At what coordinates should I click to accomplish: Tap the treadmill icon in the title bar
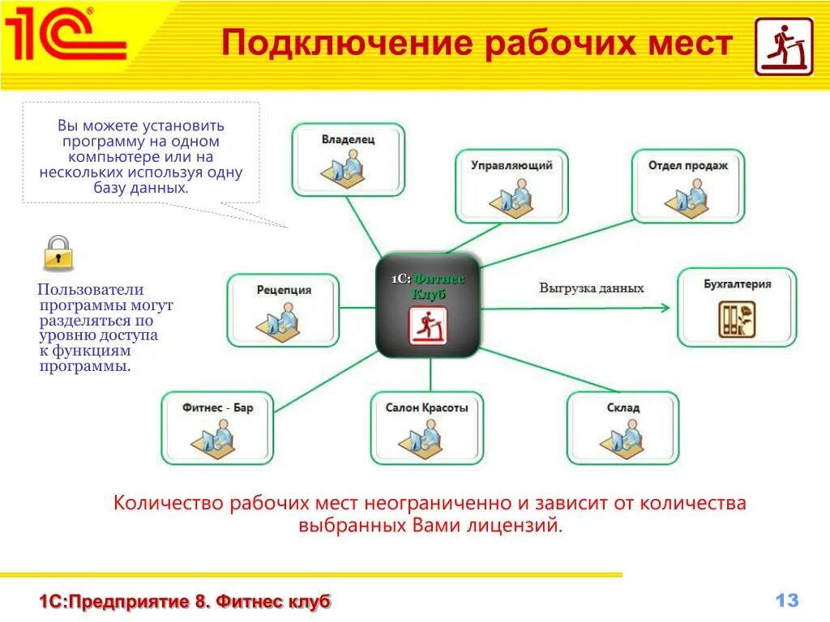coord(783,47)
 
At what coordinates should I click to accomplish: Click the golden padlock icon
coord(58,253)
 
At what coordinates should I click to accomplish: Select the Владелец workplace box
coord(348,159)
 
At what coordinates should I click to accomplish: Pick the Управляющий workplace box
coord(511,185)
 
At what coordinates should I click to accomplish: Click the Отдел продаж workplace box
coord(687,185)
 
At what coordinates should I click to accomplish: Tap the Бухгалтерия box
coord(737,307)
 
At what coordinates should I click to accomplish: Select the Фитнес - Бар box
coord(217,428)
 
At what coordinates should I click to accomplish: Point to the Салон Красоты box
coord(426,428)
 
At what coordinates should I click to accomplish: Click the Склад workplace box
coord(622,428)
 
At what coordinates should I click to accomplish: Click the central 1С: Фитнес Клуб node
coord(427,306)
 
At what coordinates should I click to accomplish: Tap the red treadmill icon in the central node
coord(427,326)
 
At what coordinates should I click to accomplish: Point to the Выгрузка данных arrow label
coord(592,288)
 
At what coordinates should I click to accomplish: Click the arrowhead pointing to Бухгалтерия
coord(665,307)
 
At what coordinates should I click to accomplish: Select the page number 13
coord(786,600)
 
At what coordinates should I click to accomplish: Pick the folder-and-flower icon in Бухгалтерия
coord(736,318)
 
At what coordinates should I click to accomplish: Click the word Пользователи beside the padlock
coord(91,290)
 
